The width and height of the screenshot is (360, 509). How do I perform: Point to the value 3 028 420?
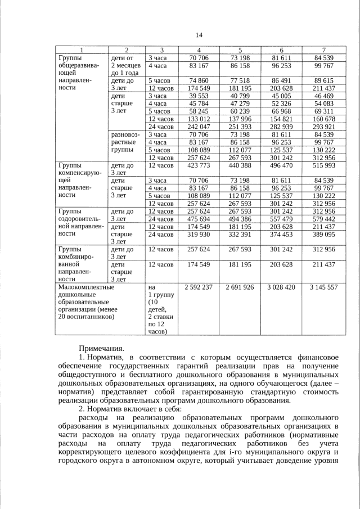click(281, 287)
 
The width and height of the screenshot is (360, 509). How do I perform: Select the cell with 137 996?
click(240, 119)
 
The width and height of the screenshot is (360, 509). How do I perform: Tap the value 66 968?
click(281, 111)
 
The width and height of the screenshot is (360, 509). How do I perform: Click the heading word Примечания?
click(101, 349)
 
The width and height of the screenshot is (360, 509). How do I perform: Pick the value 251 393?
click(240, 127)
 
